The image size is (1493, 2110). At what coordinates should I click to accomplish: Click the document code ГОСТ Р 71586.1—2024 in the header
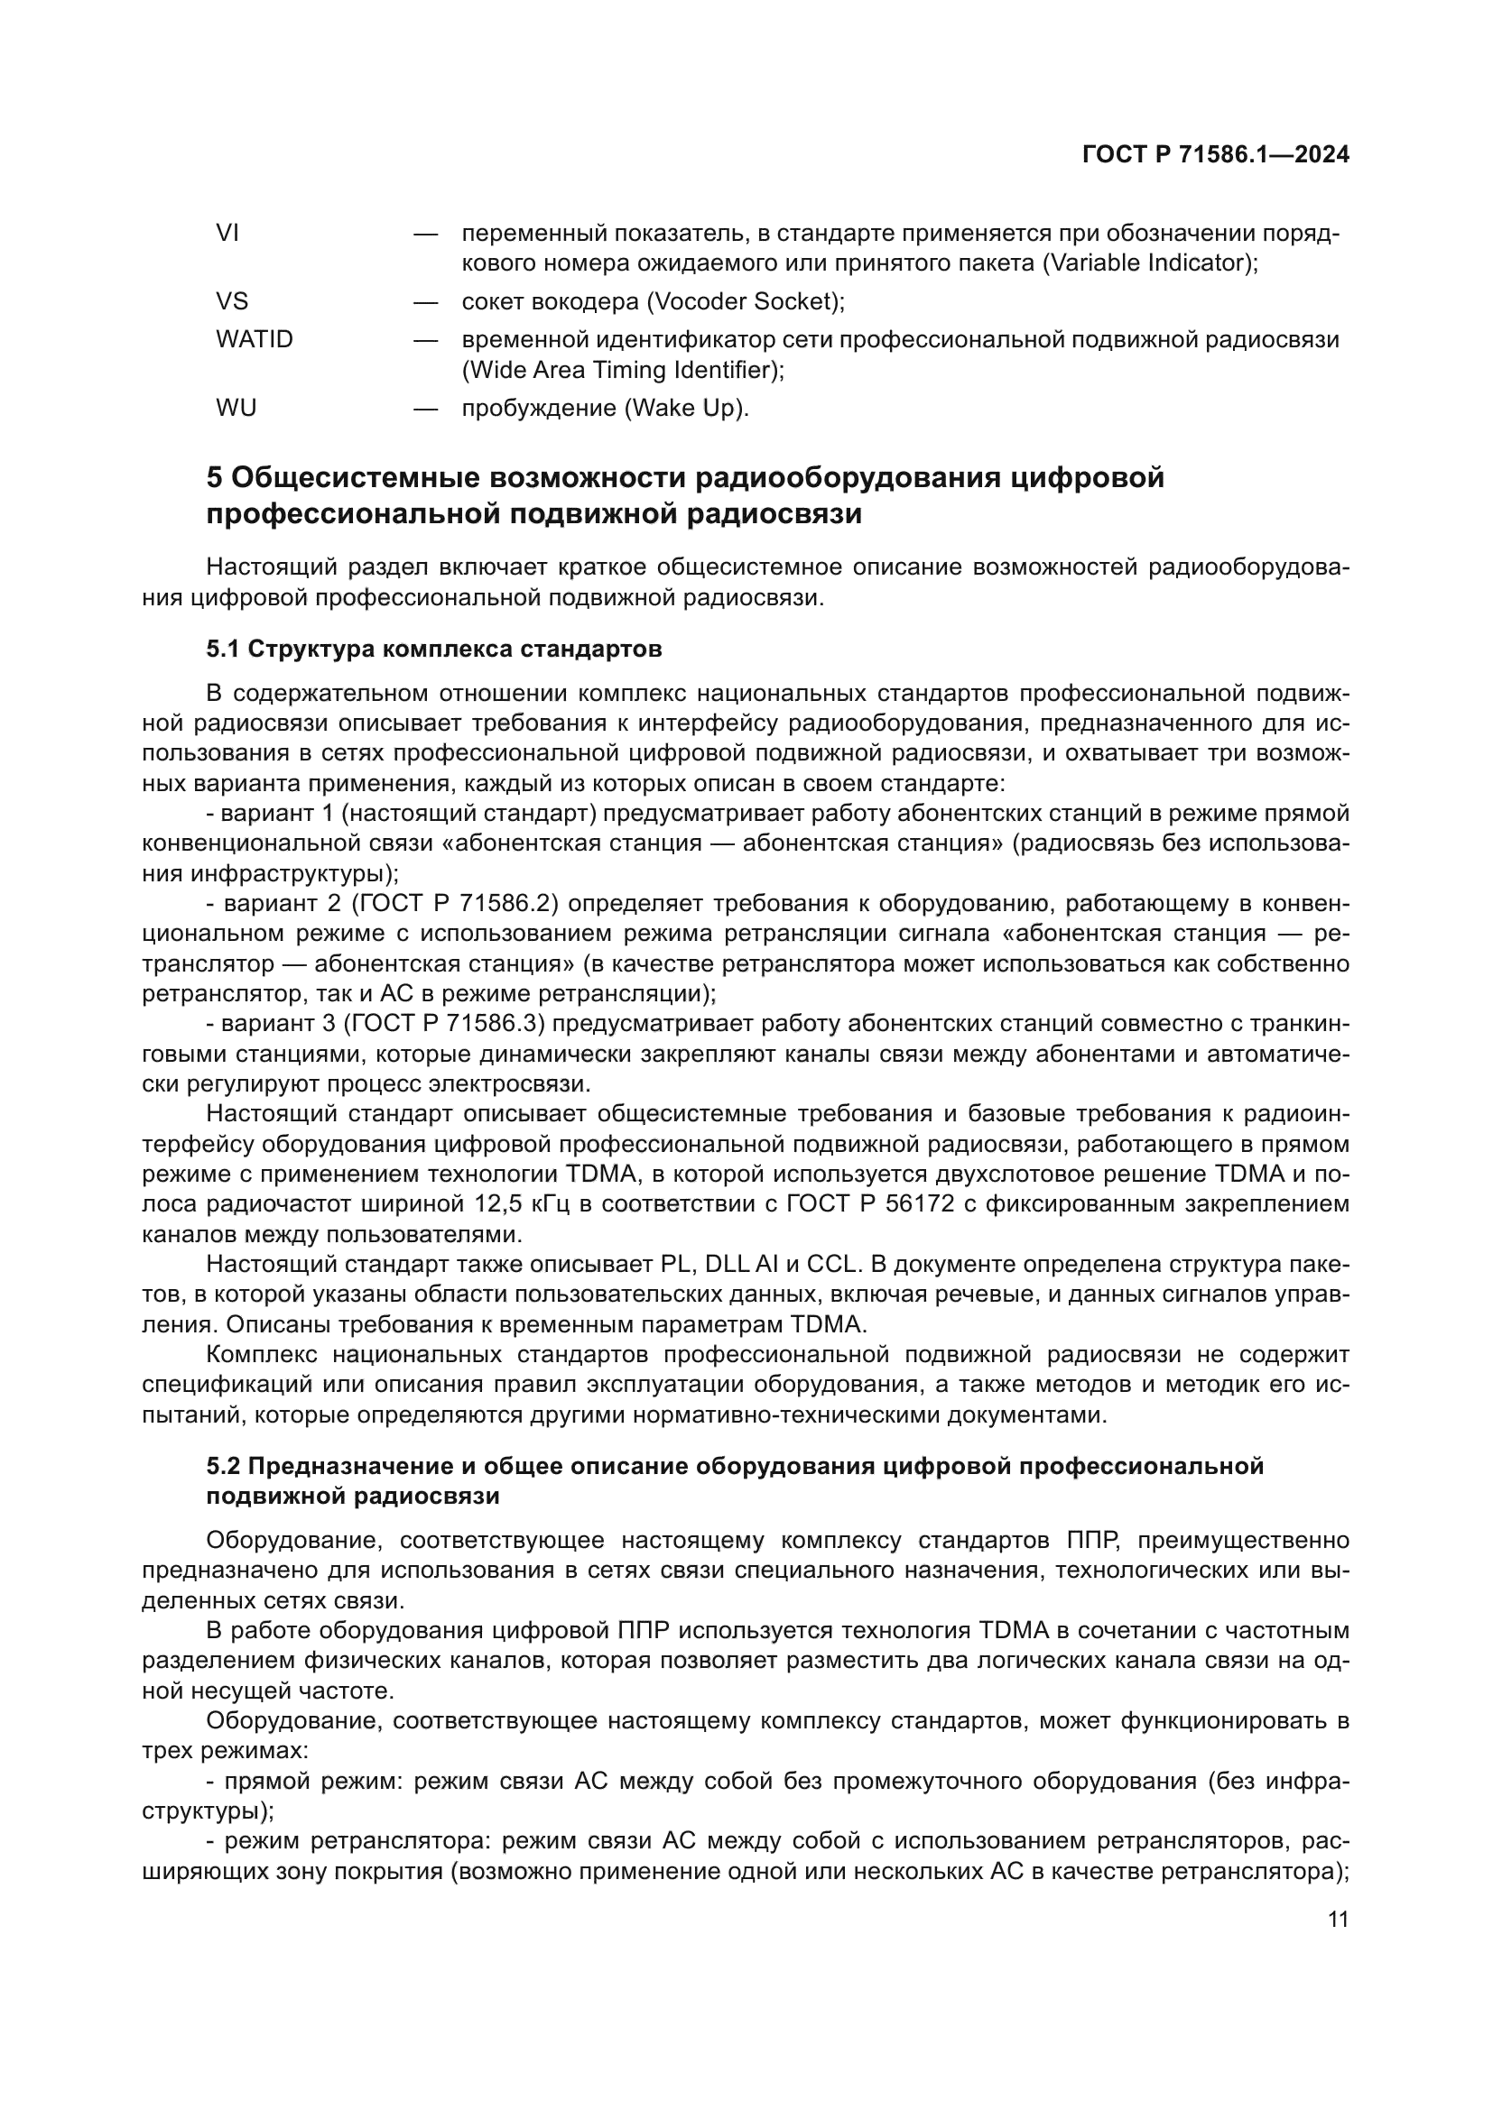[x=1215, y=155]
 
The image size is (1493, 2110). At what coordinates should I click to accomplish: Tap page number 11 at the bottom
[x=1338, y=1919]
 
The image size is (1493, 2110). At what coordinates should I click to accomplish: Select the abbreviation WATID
[x=254, y=339]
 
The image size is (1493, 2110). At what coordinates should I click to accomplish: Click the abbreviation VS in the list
[x=232, y=301]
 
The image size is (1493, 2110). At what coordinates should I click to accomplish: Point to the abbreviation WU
[x=236, y=407]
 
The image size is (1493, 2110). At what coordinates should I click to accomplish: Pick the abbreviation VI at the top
[x=227, y=233]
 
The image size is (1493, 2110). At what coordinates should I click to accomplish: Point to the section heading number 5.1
[x=222, y=649]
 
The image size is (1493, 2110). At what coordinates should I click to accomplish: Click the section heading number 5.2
[x=222, y=1466]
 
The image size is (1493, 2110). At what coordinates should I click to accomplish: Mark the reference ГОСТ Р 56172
[x=869, y=1203]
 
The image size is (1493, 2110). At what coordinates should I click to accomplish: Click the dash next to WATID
[x=425, y=339]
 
